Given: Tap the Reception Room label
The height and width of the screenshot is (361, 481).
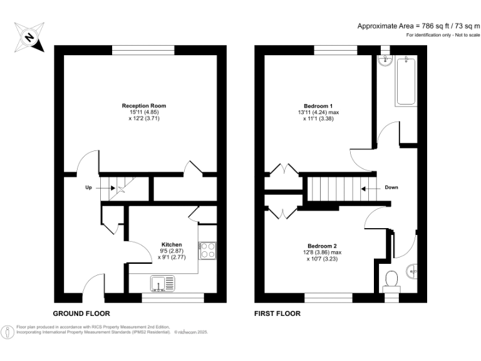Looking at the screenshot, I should [143, 106].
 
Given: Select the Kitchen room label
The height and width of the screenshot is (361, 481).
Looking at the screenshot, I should [172, 244].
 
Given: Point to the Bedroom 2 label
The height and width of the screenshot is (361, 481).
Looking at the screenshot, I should [323, 246].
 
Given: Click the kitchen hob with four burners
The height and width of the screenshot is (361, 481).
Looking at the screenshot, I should [207, 251].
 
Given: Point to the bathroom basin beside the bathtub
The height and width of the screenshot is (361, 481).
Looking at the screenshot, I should [385, 61].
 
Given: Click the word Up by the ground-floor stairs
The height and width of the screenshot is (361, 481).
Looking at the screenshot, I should [90, 187].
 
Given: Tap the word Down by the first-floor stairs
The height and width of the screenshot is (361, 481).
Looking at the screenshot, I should [391, 187].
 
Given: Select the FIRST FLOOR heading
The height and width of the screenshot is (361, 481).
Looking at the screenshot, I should [277, 313].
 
